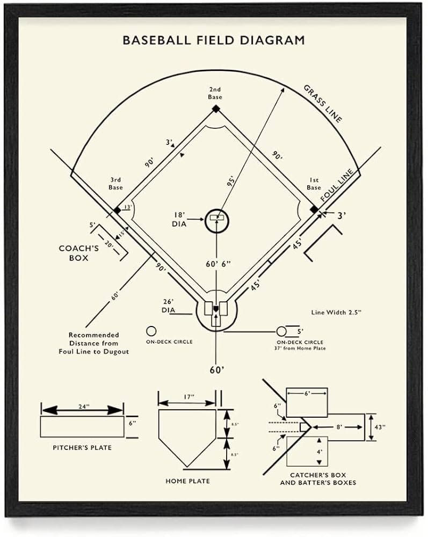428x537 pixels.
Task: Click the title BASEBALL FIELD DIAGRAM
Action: [214, 40]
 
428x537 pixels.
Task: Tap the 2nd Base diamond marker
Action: [215, 109]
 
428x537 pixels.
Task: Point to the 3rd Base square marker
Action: [117, 210]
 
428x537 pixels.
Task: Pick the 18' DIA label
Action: [179, 219]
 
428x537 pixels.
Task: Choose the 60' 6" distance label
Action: [219, 264]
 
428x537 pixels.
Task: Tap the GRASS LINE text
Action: [322, 103]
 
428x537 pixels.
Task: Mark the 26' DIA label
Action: [169, 306]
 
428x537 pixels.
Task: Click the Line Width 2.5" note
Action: [336, 311]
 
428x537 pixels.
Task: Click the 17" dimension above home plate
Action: [188, 397]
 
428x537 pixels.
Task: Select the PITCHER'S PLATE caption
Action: [82, 447]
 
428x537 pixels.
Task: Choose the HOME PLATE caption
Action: [187, 481]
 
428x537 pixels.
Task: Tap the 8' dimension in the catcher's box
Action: [338, 427]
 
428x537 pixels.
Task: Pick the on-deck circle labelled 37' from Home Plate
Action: [282, 330]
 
